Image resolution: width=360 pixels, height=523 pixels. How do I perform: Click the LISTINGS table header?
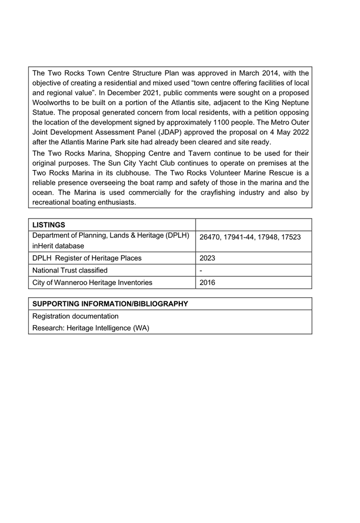pyautogui.click(x=49, y=225)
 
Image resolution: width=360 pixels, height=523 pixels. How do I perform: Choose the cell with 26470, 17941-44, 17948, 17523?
pyautogui.click(x=250, y=237)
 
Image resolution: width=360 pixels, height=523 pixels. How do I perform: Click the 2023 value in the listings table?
pyautogui.click(x=207, y=258)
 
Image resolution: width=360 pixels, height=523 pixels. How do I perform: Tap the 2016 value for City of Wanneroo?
pyautogui.click(x=207, y=282)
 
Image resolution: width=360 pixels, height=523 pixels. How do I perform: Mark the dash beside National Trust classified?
pyautogui.click(x=201, y=271)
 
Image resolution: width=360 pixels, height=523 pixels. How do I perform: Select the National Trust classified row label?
pyautogui.click(x=70, y=271)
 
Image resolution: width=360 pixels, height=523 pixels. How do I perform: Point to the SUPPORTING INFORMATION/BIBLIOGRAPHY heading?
pyautogui.click(x=110, y=304)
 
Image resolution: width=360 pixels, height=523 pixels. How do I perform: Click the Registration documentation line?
pyautogui.click(x=76, y=316)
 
